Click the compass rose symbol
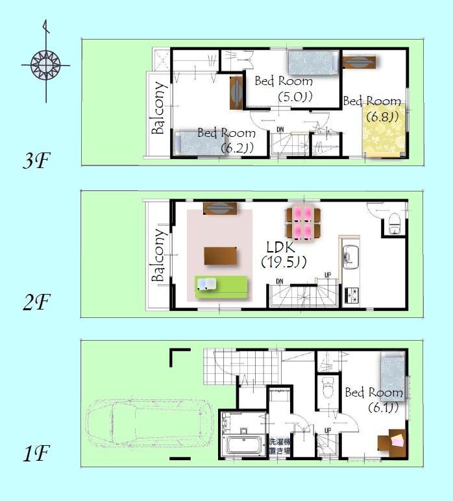(45, 64)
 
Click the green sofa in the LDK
(221, 286)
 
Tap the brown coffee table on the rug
(221, 256)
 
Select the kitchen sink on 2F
(350, 256)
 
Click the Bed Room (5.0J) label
(284, 89)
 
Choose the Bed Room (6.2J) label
(226, 140)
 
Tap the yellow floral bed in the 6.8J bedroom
(384, 130)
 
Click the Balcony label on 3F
(158, 108)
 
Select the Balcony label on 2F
(158, 256)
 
